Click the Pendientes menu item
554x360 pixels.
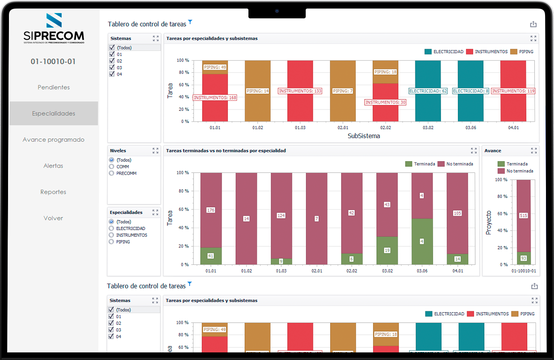coord(54,88)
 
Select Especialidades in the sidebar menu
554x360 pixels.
coord(54,113)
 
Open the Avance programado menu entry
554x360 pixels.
coord(54,140)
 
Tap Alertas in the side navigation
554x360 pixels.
coord(54,166)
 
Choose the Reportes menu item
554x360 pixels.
coord(54,192)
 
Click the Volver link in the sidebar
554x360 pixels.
coord(54,218)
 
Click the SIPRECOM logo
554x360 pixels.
coord(54,29)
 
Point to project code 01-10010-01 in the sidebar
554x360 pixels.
coord(53,62)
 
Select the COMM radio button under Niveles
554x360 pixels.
coord(112,167)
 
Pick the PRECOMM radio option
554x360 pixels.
coord(112,173)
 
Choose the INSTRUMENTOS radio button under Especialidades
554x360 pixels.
coord(112,235)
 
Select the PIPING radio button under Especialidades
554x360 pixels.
coord(112,242)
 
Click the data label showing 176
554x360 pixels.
coord(211,210)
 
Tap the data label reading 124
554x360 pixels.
coord(281,216)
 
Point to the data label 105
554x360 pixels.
coord(457,213)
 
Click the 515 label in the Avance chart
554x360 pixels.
coord(524,216)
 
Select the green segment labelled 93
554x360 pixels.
coord(524,258)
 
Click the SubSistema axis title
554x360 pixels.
coord(364,136)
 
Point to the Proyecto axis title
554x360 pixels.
coord(489,222)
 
